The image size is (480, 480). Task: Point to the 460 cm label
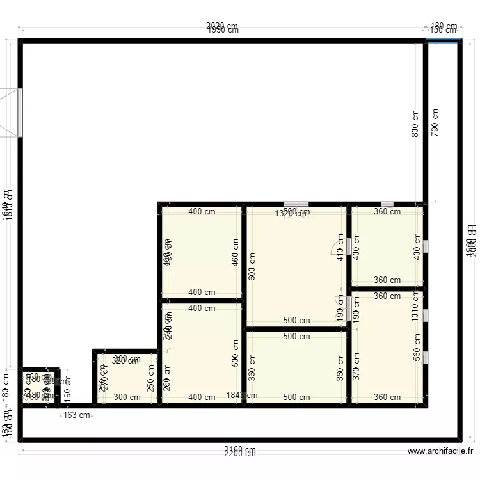pyautogui.click(x=235, y=252)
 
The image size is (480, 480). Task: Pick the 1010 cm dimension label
pyautogui.click(x=415, y=307)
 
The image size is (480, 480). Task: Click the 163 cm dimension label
pyautogui.click(x=77, y=415)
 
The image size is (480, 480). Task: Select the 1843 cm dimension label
pyautogui.click(x=242, y=396)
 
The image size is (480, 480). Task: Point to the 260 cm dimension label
pyautogui.click(x=167, y=377)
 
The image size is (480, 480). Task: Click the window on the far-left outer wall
pyautogui.click(x=20, y=112)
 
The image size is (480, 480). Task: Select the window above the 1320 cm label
pyautogui.click(x=296, y=204)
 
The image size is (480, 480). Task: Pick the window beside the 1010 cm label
pyautogui.click(x=426, y=315)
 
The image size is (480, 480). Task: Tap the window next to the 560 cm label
pyautogui.click(x=426, y=356)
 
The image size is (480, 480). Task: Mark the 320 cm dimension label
pyautogui.click(x=124, y=361)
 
